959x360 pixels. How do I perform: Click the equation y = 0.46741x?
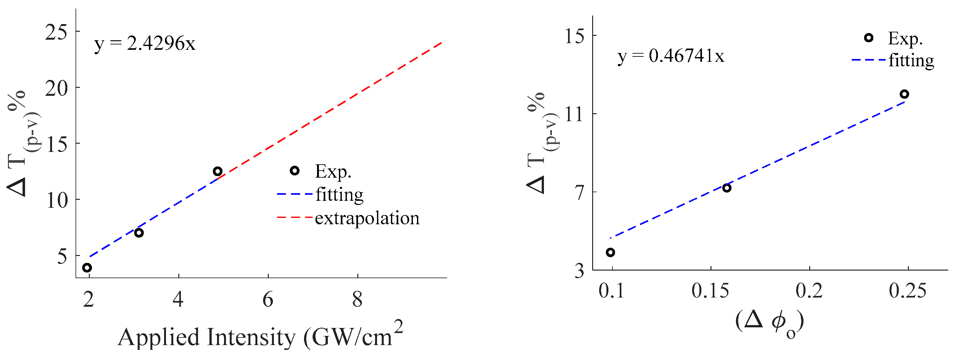coord(671,56)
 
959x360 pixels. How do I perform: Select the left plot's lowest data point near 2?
coord(87,268)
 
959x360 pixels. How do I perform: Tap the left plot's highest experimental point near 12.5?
coord(218,171)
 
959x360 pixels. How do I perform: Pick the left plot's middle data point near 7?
coord(139,233)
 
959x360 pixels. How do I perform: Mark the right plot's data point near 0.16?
coord(727,188)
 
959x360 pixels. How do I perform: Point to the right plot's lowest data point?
coord(610,252)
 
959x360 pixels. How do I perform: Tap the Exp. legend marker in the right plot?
coord(869,38)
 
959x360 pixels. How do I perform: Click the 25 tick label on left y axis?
coord(56,32)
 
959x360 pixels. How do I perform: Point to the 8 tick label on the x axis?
coord(357,300)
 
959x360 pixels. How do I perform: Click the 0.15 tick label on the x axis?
coord(710,291)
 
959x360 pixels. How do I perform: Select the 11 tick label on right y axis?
coord(574,114)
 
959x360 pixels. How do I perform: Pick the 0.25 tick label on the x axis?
coord(907,291)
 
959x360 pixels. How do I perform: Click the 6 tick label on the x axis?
coord(268,300)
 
